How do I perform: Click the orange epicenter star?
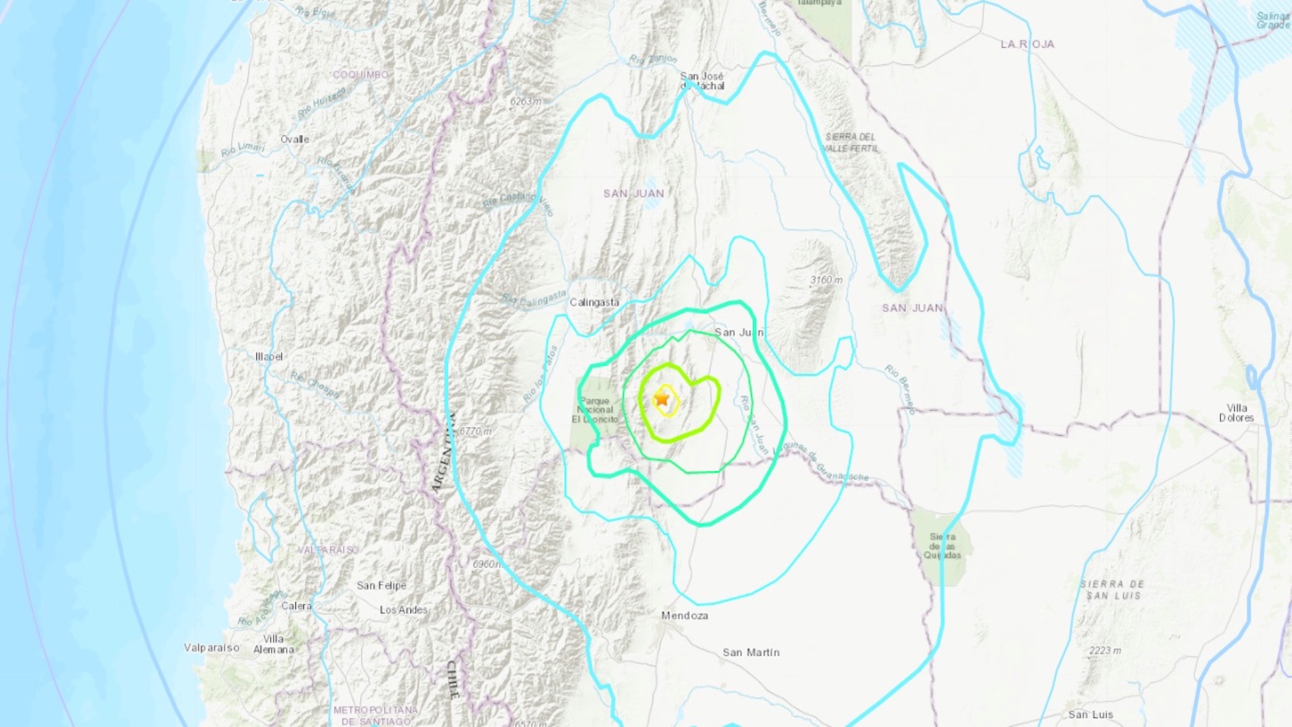tap(663, 399)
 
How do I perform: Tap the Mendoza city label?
tap(684, 615)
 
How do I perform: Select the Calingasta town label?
tap(594, 302)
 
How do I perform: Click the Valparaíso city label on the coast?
tap(212, 648)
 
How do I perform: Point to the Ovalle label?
tap(295, 139)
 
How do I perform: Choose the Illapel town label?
tap(269, 356)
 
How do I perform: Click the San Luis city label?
tap(1090, 714)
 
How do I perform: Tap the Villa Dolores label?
tap(1236, 413)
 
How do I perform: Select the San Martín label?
tap(751, 652)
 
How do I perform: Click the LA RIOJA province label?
tap(1027, 44)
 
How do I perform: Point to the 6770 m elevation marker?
tap(476, 431)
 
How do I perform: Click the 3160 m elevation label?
tap(826, 280)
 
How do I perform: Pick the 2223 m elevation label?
tap(1105, 650)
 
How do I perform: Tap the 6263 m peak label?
tap(526, 102)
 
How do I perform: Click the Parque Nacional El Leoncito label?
tap(595, 410)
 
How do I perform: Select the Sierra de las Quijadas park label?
tap(942, 546)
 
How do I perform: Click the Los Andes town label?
tap(404, 610)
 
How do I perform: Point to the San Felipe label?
tap(382, 586)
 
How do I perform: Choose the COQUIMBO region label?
tap(361, 75)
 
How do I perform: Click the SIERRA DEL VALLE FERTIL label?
tap(851, 142)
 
